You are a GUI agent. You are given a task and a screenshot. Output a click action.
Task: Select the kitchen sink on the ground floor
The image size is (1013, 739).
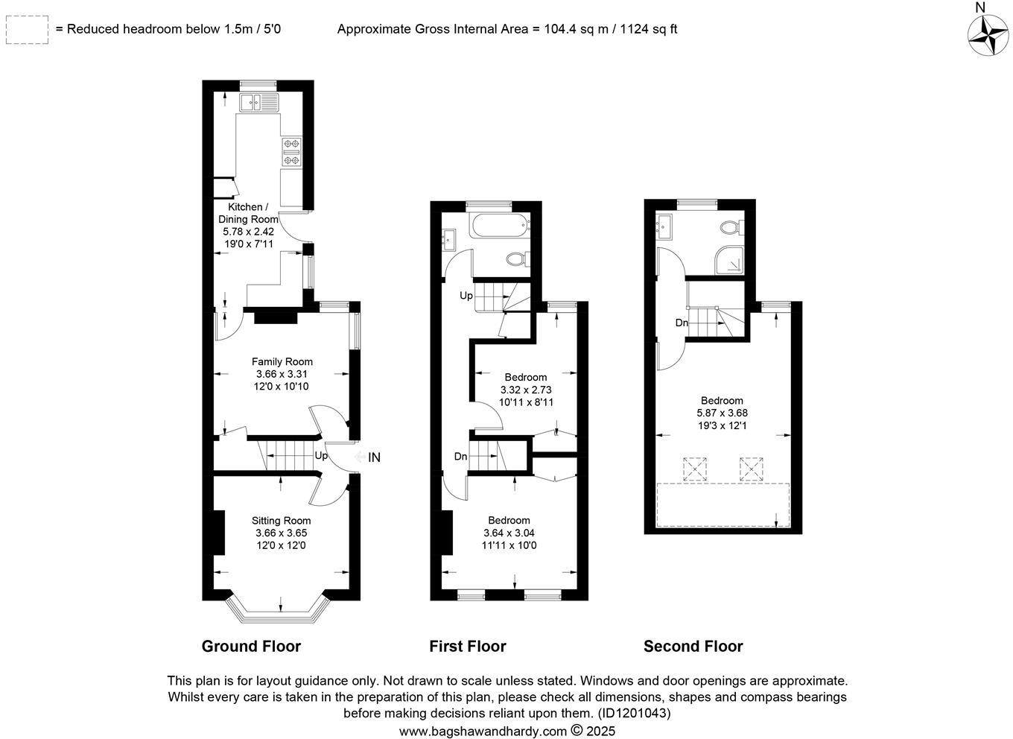pos(258,102)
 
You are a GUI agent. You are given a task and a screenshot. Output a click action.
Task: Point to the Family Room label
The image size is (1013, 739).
pos(282,362)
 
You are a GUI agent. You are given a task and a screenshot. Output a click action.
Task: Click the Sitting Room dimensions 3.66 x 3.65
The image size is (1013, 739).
pos(281,533)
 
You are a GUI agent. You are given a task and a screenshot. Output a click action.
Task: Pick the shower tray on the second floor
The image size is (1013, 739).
pos(729,260)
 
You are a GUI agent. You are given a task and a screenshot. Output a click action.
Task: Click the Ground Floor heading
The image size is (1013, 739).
pos(251,647)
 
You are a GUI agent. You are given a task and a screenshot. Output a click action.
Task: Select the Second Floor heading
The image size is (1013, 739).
pos(693,647)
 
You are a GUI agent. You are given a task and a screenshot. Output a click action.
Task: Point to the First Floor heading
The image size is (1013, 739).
pos(467,647)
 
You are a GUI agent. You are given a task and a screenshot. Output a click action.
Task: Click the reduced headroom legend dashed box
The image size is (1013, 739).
pos(27,30)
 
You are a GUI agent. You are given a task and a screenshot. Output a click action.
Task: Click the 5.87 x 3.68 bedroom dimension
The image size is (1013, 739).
pos(722,413)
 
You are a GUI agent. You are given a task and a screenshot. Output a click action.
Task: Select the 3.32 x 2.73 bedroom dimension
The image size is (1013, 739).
pos(525,390)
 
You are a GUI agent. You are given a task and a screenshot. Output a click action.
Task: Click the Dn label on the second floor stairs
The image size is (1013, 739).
pos(681,323)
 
